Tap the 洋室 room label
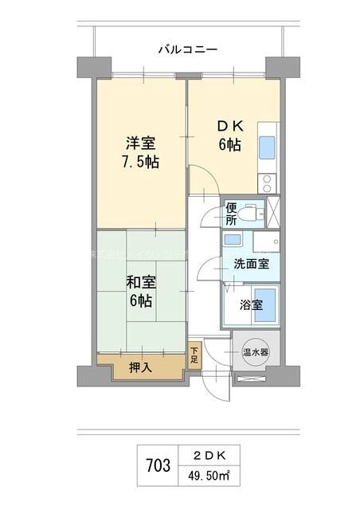click(x=140, y=143)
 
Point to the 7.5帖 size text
click(x=140, y=163)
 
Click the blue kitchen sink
click(x=267, y=147)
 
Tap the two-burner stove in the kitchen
click(x=267, y=181)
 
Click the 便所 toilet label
click(x=231, y=213)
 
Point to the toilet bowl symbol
click(x=252, y=213)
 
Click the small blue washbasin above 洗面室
click(x=233, y=240)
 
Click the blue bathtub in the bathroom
click(x=265, y=305)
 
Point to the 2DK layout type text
click(x=210, y=455)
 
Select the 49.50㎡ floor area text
click(x=210, y=475)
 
